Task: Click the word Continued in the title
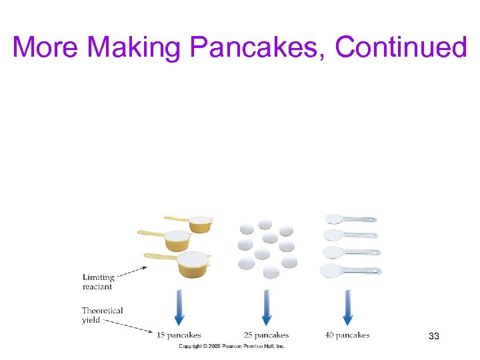pyautogui.click(x=401, y=48)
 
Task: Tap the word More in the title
pyautogui.click(x=46, y=48)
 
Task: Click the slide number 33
pyautogui.click(x=434, y=337)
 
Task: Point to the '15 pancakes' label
pyautogui.click(x=179, y=335)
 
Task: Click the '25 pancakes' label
pyautogui.click(x=266, y=335)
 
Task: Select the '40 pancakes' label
pyautogui.click(x=347, y=335)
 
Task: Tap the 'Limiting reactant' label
pyautogui.click(x=99, y=282)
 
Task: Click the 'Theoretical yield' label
pyautogui.click(x=102, y=315)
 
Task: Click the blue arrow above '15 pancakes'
pyautogui.click(x=179, y=307)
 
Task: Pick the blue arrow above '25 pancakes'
pyautogui.click(x=267, y=307)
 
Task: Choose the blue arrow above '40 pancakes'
pyautogui.click(x=347, y=307)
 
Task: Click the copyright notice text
pyautogui.click(x=231, y=347)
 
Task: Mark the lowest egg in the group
pyautogui.click(x=271, y=272)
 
